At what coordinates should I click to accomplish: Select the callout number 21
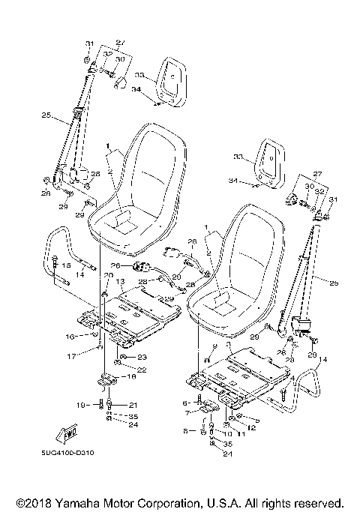(133, 406)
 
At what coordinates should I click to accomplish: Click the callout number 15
(65, 265)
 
